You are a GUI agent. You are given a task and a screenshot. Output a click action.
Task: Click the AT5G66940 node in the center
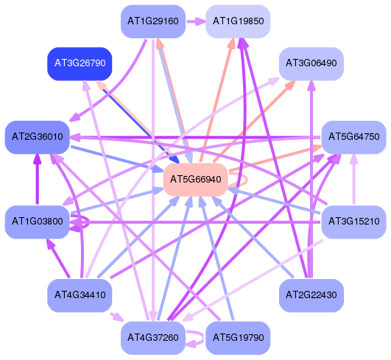(196, 180)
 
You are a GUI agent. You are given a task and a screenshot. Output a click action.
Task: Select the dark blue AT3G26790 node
(80, 64)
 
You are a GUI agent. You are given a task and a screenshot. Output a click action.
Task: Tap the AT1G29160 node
(153, 21)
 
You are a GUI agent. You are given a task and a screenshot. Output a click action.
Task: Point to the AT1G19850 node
(238, 21)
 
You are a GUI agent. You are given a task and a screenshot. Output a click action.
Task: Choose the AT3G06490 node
(311, 64)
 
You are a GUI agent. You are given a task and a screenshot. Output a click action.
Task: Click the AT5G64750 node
(354, 138)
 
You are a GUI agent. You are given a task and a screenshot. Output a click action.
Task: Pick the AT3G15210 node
(354, 222)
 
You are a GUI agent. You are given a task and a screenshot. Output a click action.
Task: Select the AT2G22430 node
(311, 295)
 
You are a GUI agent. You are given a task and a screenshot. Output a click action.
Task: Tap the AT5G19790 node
(238, 338)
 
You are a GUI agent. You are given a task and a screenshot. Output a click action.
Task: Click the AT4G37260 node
(153, 338)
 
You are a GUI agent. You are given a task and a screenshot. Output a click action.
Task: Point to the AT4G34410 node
(80, 295)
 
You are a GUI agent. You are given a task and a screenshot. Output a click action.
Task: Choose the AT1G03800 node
(38, 222)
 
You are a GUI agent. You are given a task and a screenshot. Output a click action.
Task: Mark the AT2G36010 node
(38, 138)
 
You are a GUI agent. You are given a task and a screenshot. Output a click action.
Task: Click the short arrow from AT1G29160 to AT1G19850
(196, 21)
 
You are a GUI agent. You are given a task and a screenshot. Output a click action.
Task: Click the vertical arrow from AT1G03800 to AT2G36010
(38, 180)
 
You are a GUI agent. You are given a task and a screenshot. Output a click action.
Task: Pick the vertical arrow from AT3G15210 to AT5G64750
(354, 180)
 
